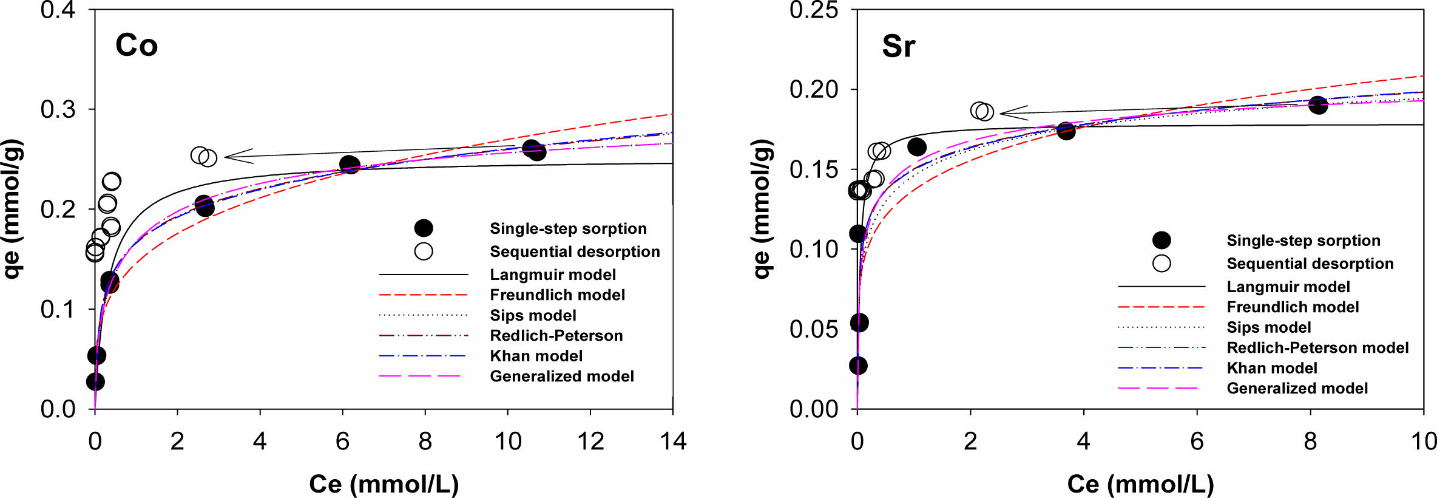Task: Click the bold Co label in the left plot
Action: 137,46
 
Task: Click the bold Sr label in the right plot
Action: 898,46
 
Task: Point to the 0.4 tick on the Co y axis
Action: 58,10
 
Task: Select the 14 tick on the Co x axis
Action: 673,442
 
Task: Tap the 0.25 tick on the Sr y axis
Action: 814,10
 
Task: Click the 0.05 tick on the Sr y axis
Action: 814,329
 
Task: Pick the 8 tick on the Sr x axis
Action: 1310,442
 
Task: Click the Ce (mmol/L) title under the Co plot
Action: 384,484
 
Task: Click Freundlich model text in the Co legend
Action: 557,295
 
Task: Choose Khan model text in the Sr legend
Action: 1272,368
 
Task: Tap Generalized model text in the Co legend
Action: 562,377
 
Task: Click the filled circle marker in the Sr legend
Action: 1161,240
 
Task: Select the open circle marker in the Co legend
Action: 424,251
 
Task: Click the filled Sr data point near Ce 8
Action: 1317,104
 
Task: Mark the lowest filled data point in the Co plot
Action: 95,381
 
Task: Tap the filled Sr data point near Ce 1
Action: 916,146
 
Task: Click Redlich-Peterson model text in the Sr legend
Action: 1317,348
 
